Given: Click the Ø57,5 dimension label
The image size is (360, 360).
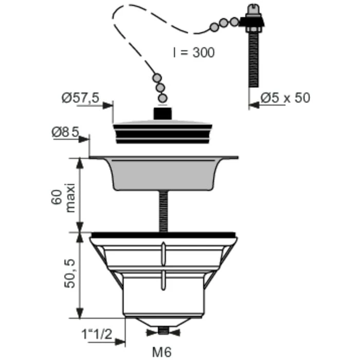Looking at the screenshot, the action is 80,98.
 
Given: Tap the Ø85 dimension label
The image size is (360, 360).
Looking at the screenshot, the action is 65,132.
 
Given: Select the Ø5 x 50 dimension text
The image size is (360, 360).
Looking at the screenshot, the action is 285,98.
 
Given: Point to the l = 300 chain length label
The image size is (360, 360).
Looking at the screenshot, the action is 194,52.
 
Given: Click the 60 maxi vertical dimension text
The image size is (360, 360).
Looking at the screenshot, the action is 63,197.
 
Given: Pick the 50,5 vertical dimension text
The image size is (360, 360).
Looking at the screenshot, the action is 69,274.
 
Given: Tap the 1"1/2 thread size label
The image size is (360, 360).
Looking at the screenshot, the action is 97,334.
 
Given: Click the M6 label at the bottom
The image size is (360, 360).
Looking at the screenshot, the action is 162,352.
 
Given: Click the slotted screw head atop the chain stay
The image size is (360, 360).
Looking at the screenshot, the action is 254,9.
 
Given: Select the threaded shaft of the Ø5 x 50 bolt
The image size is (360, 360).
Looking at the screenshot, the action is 254,60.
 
